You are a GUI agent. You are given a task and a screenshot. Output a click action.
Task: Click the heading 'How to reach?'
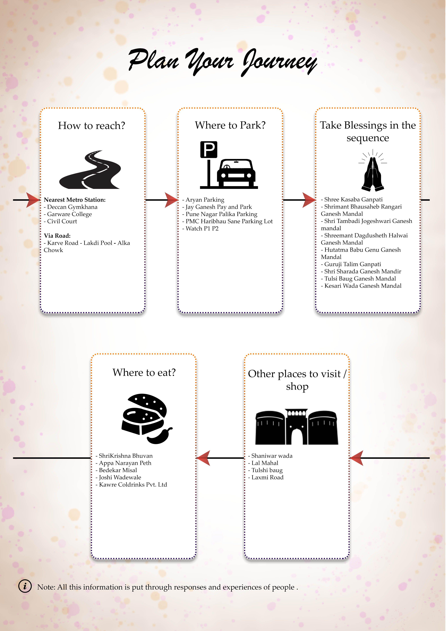tap(91, 126)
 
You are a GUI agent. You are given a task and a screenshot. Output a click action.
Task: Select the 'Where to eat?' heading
tap(144, 372)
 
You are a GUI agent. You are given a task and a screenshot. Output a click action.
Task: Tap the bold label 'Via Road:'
tap(57, 236)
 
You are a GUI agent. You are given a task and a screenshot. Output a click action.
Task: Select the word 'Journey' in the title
tap(279, 62)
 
